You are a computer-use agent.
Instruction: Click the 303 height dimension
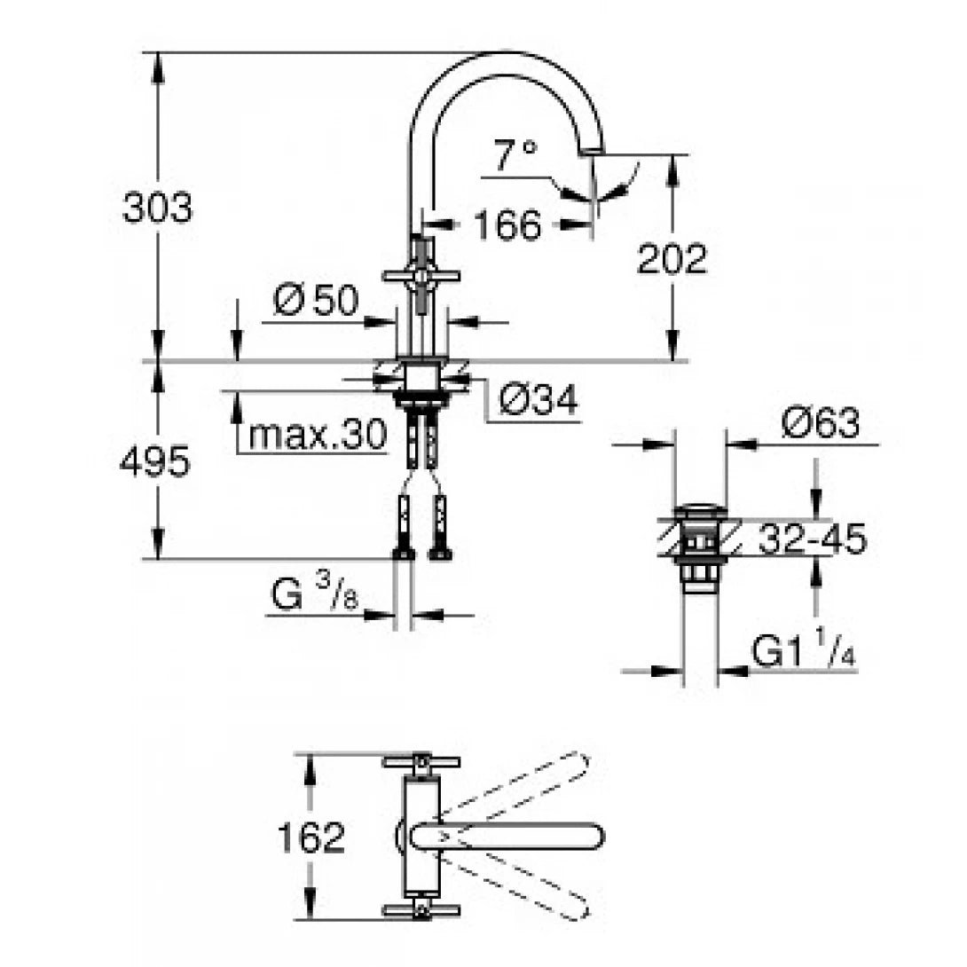(x=157, y=209)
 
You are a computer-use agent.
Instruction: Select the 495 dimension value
(x=154, y=462)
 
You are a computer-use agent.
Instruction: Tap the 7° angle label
(x=515, y=157)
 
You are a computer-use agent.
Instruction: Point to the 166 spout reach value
(x=506, y=225)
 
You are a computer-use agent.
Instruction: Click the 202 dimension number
(x=672, y=259)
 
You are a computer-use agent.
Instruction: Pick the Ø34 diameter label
(x=538, y=402)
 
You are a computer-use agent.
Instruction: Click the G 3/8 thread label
(x=316, y=597)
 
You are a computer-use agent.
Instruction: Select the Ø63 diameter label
(x=821, y=424)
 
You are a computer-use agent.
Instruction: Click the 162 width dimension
(x=310, y=837)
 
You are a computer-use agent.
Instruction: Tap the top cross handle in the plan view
(x=421, y=762)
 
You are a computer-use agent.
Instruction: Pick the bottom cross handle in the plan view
(x=421, y=911)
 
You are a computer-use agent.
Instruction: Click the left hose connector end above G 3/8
(x=404, y=553)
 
